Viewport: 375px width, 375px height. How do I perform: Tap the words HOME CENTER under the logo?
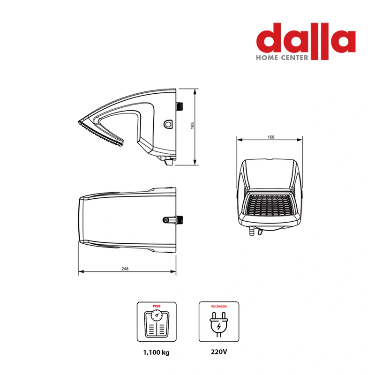[x=282, y=58]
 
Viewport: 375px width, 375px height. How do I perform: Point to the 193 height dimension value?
[x=193, y=126]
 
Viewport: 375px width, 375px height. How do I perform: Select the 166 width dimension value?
[x=271, y=137]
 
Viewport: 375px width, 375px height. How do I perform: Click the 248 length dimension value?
[x=125, y=269]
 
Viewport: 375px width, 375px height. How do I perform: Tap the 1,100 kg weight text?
[x=157, y=352]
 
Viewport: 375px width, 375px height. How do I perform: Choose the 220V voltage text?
[x=219, y=352]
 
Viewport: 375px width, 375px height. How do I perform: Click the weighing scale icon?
[x=157, y=323]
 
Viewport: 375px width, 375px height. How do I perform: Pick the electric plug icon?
[x=219, y=324]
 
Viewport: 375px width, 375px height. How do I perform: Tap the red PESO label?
[x=157, y=306]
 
